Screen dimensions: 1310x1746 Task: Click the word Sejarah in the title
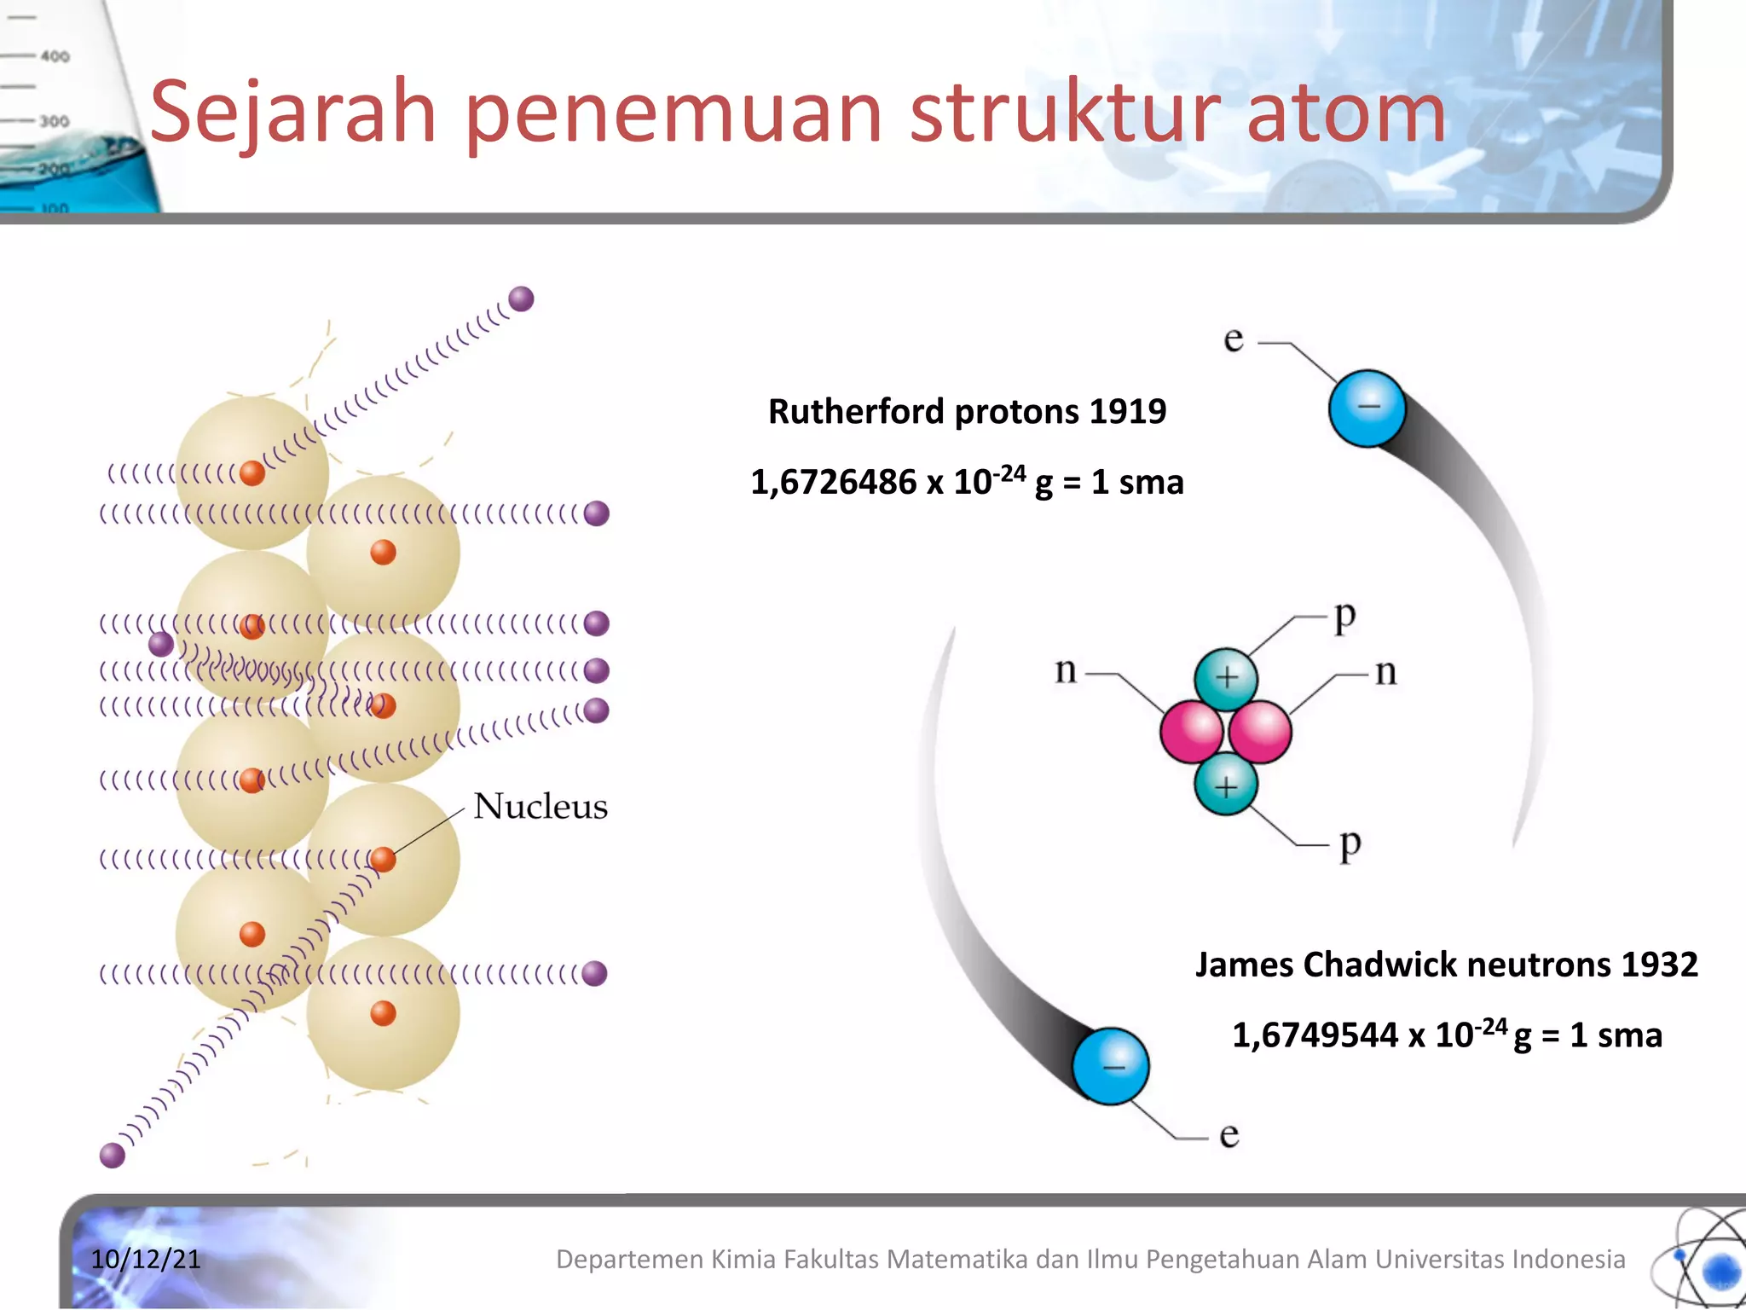[292, 113]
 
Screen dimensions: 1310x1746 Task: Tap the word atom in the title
[1346, 113]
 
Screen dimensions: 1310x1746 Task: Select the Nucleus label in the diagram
[541, 807]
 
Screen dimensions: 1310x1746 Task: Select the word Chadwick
[1380, 965]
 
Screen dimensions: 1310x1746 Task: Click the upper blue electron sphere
[1367, 408]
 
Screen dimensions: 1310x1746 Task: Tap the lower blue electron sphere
[1111, 1066]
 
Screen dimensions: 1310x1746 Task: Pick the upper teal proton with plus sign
[1226, 678]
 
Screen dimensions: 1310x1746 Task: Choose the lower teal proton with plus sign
[1225, 785]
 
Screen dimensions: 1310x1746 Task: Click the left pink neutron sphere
[1191, 731]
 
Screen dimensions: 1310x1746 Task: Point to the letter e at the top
[1234, 339]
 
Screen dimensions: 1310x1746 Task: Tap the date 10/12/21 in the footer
[146, 1259]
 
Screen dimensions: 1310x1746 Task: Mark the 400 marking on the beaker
[55, 56]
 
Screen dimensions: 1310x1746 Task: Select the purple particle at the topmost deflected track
[521, 299]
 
